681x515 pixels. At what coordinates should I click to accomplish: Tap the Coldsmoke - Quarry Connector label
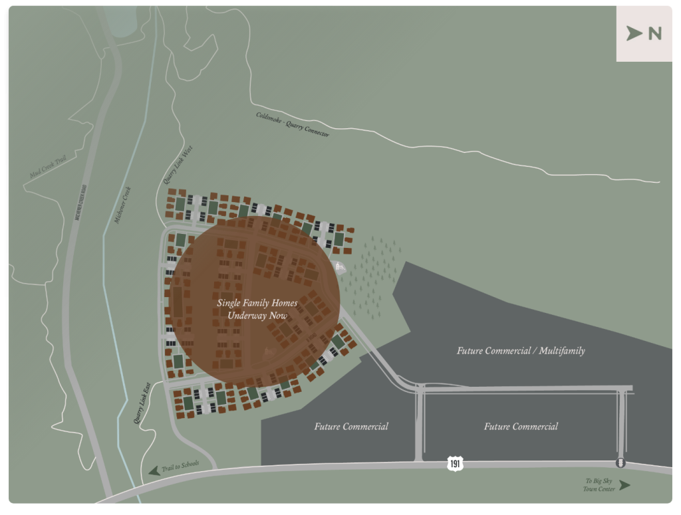click(293, 124)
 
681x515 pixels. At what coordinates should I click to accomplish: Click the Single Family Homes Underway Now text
click(257, 308)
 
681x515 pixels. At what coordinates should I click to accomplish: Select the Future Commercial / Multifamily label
click(521, 350)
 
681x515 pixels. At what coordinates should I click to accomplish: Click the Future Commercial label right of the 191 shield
click(521, 427)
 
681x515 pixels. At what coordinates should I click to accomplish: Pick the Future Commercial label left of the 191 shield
click(351, 427)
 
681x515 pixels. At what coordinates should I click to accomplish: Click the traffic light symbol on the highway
click(620, 463)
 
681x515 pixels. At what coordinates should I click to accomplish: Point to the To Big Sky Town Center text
click(599, 484)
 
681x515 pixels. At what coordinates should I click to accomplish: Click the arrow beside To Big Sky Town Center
click(624, 485)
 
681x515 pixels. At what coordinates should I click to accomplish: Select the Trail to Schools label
click(180, 467)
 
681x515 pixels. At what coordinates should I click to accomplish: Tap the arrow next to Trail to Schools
click(154, 470)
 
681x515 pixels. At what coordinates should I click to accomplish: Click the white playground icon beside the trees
click(341, 267)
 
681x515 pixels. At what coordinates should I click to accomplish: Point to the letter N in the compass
click(654, 34)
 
